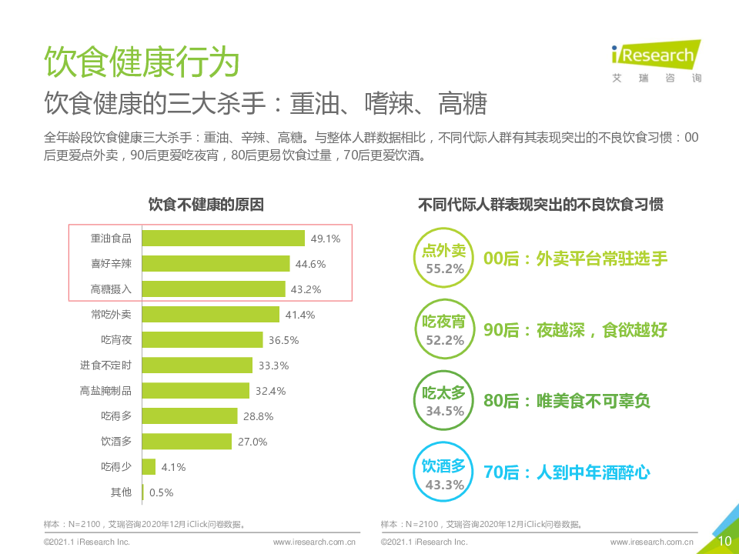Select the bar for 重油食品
223,239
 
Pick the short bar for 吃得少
149,467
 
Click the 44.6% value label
311,264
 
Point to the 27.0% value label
252,442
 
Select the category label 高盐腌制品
105,391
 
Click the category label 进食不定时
105,365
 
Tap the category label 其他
121,492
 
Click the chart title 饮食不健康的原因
206,205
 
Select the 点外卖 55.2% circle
444,259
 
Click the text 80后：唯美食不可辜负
567,402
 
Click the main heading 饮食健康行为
142,62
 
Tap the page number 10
724,541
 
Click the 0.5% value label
162,492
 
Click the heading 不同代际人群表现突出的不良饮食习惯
541,205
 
